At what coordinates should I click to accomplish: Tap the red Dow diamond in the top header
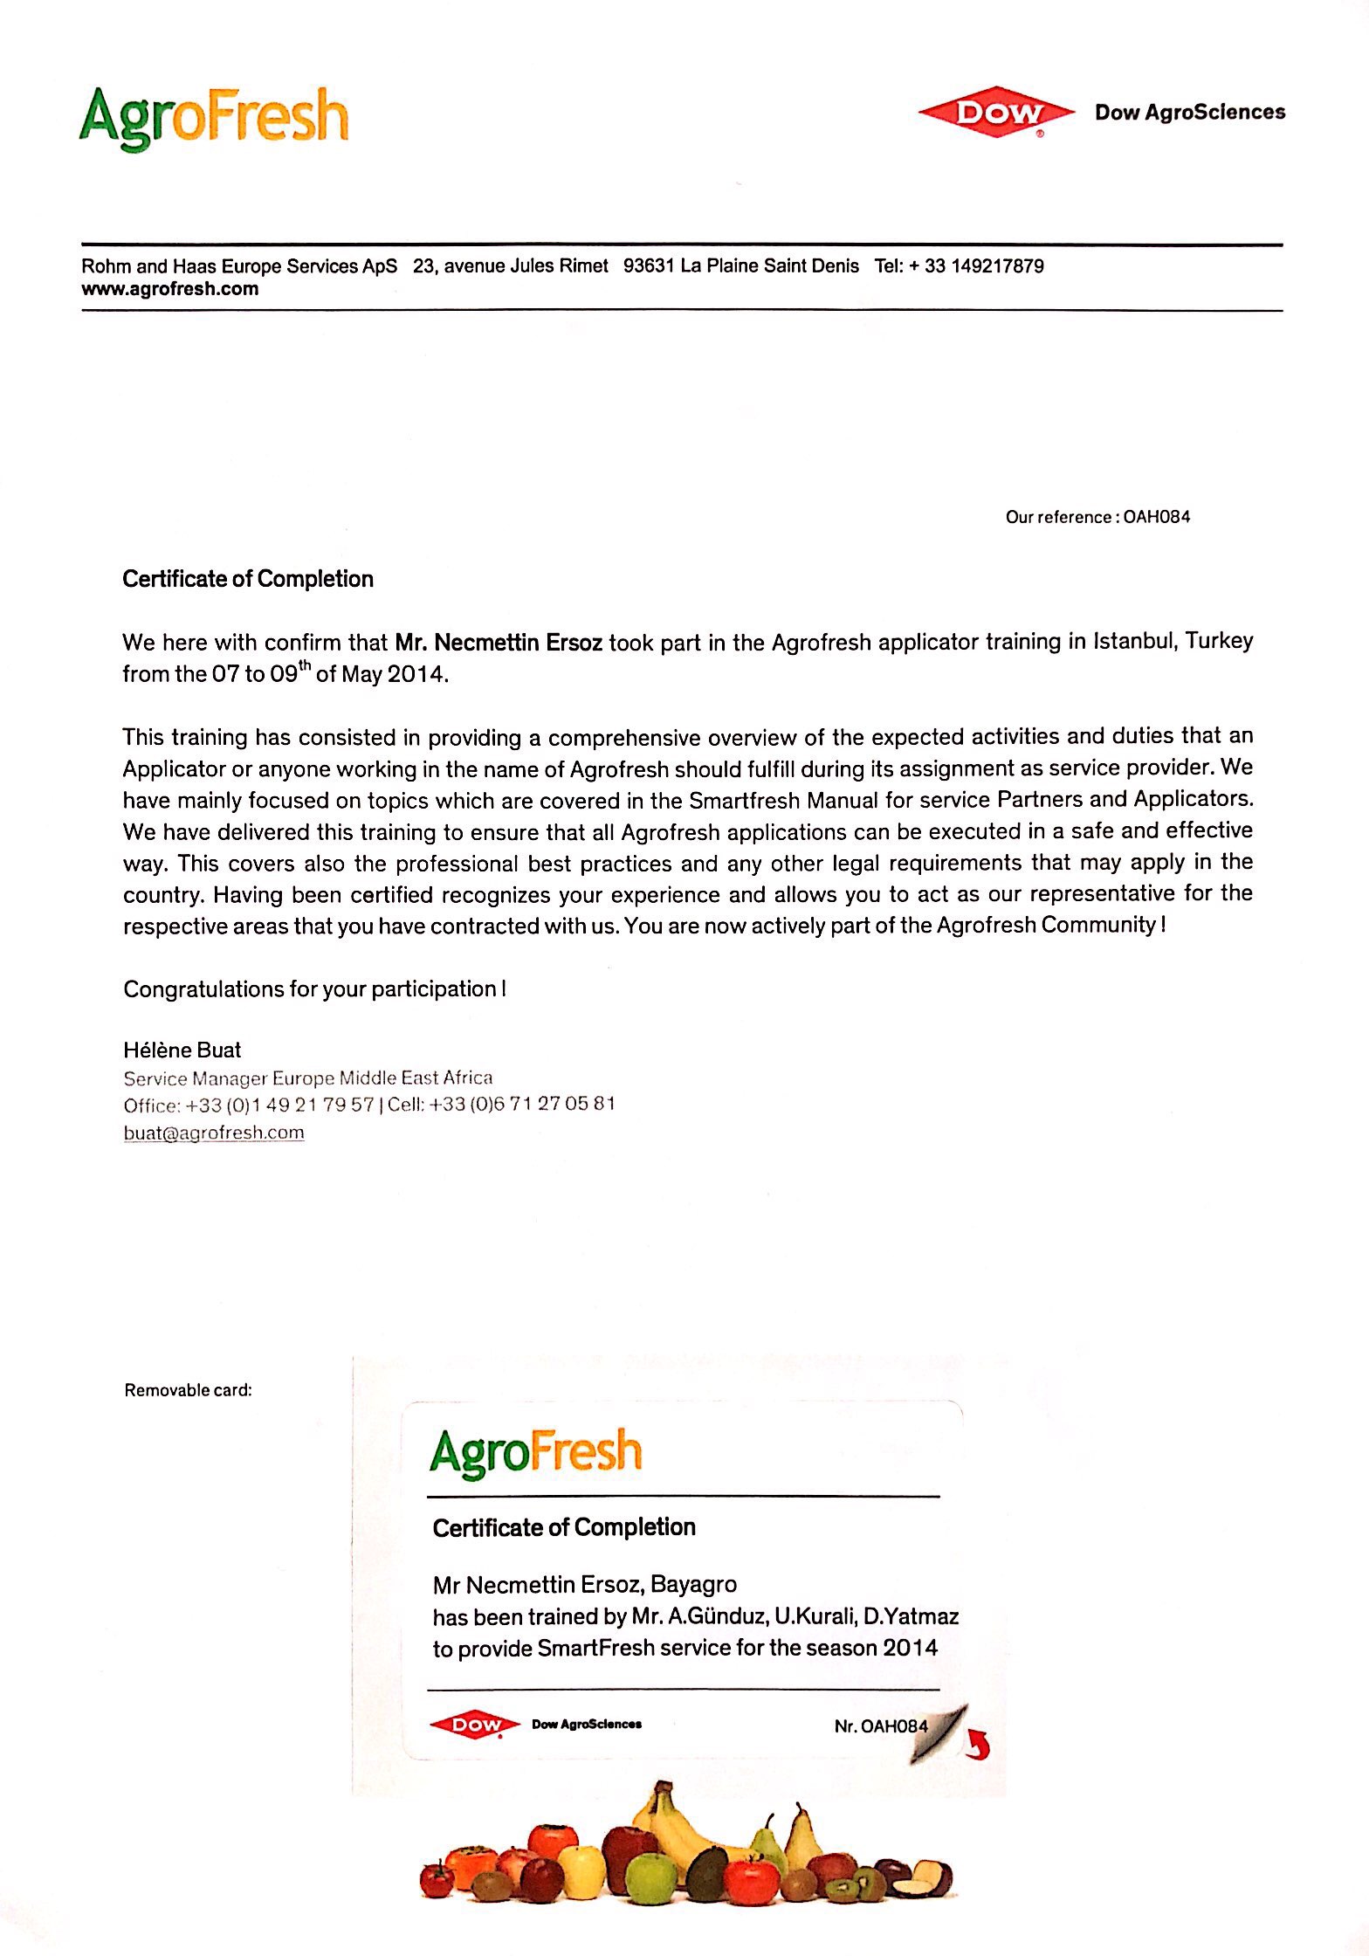pyautogui.click(x=996, y=113)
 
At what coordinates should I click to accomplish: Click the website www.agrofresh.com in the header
pyautogui.click(x=170, y=289)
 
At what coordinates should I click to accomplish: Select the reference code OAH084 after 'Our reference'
pyautogui.click(x=1156, y=517)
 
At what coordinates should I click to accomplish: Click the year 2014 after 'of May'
pyautogui.click(x=416, y=674)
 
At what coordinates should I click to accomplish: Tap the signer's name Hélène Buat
pyautogui.click(x=182, y=1050)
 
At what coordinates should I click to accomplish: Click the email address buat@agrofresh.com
pyautogui.click(x=214, y=1133)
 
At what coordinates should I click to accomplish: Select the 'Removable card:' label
pyautogui.click(x=189, y=1390)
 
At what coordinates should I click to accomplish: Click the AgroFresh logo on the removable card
pyautogui.click(x=536, y=1453)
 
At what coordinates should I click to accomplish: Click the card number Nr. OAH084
pyautogui.click(x=881, y=1726)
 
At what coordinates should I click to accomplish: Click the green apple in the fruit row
pyautogui.click(x=651, y=1877)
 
